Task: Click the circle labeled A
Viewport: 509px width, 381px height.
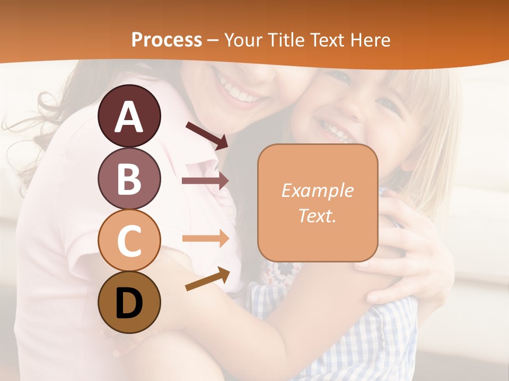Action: (129, 116)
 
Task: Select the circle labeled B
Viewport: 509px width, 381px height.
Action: (129, 179)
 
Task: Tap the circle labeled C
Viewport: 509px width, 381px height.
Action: (129, 241)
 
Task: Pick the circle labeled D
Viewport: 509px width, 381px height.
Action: (129, 303)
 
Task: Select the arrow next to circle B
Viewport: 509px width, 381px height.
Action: (205, 180)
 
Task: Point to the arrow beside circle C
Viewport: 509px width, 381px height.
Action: (205, 238)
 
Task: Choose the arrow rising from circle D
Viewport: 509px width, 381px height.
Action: (207, 279)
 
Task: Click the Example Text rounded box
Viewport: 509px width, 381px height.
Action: (318, 203)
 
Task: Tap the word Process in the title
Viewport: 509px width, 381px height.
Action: (166, 40)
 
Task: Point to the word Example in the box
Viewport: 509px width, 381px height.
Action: (317, 190)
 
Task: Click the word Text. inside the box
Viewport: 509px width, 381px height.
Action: (317, 215)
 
